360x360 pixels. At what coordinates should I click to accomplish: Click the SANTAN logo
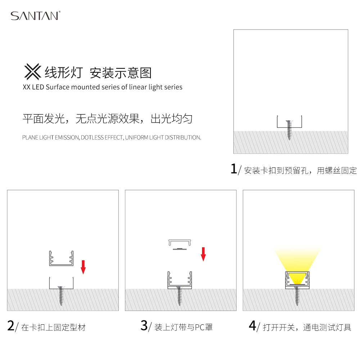(x=36, y=15)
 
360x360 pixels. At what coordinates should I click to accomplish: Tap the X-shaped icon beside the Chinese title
(x=33, y=72)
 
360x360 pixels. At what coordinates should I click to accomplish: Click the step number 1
(x=234, y=169)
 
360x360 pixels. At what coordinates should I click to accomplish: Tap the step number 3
(x=144, y=325)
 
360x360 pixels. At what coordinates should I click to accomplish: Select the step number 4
(x=252, y=325)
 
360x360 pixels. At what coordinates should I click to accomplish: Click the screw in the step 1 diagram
(x=289, y=130)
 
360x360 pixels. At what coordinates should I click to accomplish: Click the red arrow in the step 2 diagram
(x=83, y=267)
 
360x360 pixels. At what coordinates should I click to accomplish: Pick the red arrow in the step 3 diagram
(x=203, y=254)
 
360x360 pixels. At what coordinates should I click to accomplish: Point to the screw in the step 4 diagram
(x=297, y=296)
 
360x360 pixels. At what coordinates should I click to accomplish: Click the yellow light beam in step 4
(x=297, y=262)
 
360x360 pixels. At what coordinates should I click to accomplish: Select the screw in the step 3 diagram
(x=180, y=296)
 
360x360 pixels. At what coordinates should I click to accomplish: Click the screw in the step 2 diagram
(x=61, y=296)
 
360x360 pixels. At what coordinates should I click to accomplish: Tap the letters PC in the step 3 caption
(x=199, y=327)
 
